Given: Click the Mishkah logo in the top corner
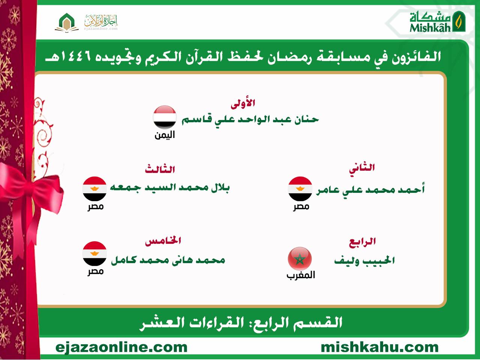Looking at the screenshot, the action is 437,21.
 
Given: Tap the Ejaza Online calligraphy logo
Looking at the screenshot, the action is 101,22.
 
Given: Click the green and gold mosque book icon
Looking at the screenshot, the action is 67,22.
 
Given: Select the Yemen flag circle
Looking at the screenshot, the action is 165,117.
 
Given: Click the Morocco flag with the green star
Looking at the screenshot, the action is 300,259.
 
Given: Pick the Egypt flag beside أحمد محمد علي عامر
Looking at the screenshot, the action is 300,189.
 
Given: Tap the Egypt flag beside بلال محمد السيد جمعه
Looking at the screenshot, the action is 94,189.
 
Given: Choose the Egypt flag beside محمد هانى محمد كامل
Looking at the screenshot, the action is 94,253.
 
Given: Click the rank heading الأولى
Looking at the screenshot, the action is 243,103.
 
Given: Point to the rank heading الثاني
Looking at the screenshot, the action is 362,169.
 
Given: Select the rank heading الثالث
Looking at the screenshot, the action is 160,169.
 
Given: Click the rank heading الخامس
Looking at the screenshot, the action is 163,241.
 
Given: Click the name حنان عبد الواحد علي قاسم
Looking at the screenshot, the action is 250,120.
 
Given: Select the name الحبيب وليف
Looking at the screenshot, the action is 364,260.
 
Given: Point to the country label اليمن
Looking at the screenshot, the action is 165,135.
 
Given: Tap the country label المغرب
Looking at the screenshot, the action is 301,275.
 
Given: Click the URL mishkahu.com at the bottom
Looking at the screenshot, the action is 380,347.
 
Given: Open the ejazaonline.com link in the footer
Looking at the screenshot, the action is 121,348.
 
